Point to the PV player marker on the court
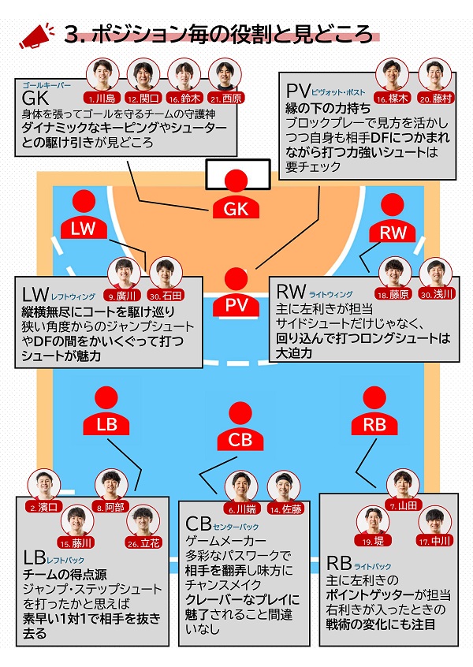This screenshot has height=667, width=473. pos(236,293)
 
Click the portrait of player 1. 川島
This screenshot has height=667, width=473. pos(100,76)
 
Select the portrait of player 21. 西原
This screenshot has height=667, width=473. pos(225,76)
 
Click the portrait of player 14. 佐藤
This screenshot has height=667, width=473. pos(284,489)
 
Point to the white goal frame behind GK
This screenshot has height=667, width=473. pos(236,173)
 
